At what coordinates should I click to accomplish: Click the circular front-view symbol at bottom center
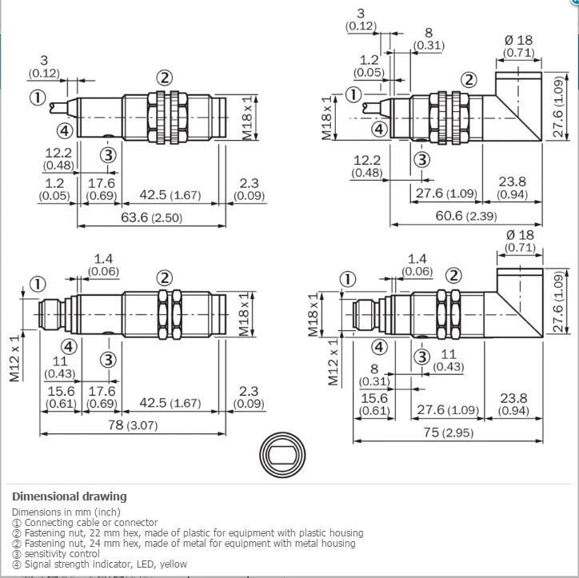point(283,454)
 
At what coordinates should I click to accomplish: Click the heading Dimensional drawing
point(69,496)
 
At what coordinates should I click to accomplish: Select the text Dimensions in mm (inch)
point(66,512)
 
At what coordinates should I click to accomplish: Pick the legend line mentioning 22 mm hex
point(187,532)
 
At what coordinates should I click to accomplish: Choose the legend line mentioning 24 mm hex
point(183,543)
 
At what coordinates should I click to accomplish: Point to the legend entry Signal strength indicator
point(99,564)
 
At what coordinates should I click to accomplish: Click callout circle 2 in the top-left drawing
point(165,78)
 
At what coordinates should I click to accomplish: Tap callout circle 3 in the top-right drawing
point(421,159)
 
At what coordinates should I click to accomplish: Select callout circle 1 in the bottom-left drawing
point(38,284)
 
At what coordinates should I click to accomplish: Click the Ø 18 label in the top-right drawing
point(520,41)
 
